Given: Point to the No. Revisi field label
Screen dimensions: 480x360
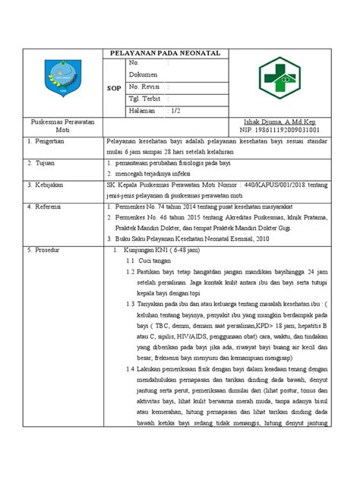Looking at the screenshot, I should [x=146, y=87].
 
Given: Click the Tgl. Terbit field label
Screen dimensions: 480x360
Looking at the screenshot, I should [x=146, y=99].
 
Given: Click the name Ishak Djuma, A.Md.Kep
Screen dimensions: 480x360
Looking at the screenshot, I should [x=281, y=122].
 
